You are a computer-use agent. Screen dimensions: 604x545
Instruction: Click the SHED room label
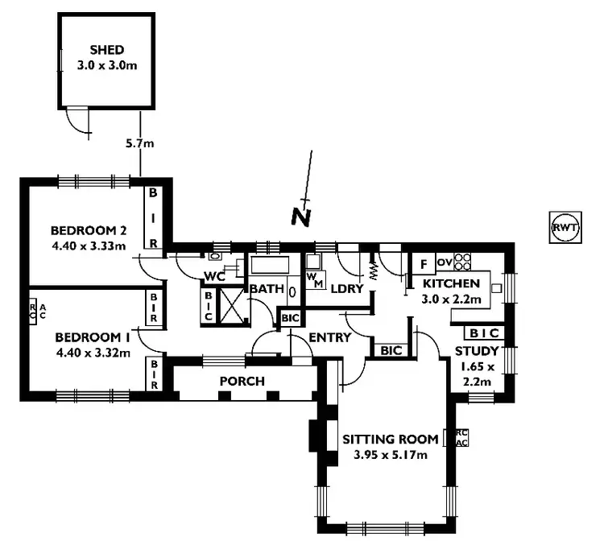click(107, 50)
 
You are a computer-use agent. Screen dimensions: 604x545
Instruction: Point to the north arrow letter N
click(300, 216)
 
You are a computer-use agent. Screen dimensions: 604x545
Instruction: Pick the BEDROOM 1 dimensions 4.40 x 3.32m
click(92, 351)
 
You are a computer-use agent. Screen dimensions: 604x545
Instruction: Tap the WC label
click(213, 276)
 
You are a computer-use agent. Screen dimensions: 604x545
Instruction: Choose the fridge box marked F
click(422, 264)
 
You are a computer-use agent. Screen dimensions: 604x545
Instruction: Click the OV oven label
click(444, 262)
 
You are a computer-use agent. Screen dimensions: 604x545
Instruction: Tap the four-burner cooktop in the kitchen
click(462, 262)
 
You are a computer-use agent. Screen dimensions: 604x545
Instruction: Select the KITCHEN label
click(451, 284)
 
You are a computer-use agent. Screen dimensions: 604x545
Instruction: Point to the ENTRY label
click(330, 337)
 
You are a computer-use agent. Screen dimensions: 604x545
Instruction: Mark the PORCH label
click(242, 381)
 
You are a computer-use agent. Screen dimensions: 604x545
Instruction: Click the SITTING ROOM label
click(391, 440)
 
